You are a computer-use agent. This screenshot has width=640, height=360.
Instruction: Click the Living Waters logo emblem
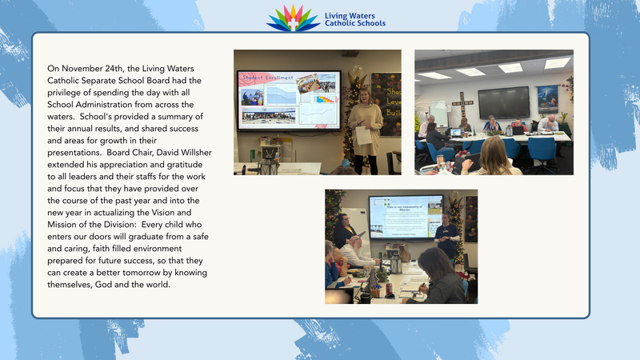(293, 18)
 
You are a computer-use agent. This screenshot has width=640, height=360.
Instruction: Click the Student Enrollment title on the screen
(264, 77)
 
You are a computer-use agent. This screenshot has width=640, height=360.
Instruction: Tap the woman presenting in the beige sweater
(366, 116)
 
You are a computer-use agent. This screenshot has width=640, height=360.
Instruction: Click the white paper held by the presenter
(362, 135)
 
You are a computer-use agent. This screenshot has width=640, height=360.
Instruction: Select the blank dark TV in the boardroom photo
(503, 102)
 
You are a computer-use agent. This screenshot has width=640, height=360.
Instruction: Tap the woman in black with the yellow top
(346, 230)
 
